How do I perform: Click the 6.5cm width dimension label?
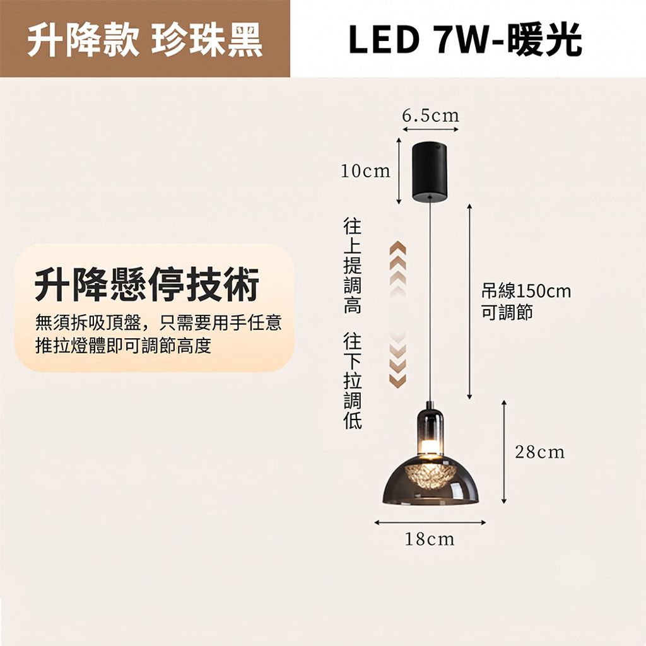(430, 116)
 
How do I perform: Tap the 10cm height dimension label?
(365, 171)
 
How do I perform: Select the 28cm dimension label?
(540, 452)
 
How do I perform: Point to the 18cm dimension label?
(430, 539)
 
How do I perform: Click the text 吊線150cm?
(526, 291)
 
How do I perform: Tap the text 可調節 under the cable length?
(507, 312)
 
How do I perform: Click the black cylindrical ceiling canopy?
(430, 172)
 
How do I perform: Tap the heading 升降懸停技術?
(147, 285)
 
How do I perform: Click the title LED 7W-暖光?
(465, 39)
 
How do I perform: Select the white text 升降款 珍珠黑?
(145, 40)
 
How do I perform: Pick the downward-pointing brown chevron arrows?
(397, 359)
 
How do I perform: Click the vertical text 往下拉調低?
(353, 381)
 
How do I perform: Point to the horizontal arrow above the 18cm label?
(430, 522)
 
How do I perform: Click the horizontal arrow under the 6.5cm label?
(430, 129)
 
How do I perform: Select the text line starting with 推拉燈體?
(123, 345)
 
